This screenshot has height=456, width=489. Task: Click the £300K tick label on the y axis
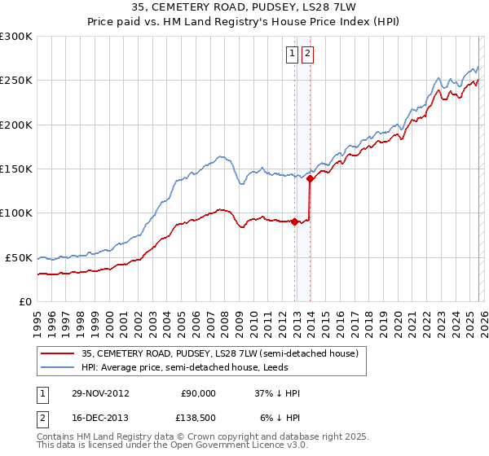click(16, 37)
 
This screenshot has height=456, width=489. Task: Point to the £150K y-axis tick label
click(16, 169)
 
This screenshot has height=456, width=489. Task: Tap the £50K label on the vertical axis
click(19, 257)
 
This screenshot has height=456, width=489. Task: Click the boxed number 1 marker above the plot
click(293, 55)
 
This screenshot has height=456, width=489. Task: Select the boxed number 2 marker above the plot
click(308, 55)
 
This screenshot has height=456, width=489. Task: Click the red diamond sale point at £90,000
click(294, 221)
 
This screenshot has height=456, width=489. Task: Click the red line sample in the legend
click(59, 353)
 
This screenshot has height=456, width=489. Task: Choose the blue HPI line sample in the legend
click(59, 367)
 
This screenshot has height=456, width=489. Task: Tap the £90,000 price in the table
click(198, 393)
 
